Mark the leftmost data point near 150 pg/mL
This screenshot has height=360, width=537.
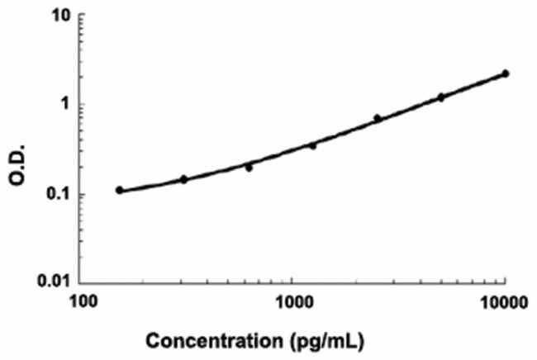coord(120,190)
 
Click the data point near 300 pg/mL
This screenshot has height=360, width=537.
coord(184,179)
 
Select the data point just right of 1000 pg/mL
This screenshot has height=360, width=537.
coord(312,145)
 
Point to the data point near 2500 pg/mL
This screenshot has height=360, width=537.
coord(378,118)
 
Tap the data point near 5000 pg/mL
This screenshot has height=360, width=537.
coord(441,97)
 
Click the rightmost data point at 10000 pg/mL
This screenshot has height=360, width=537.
coord(505,73)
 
